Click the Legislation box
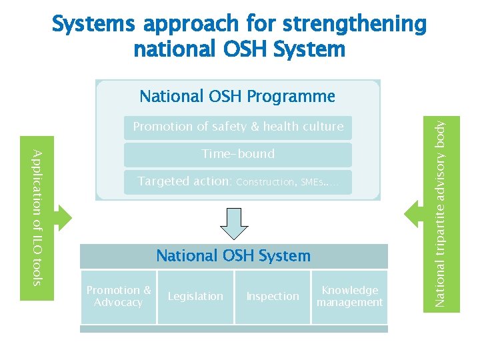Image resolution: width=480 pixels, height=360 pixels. [x=195, y=297]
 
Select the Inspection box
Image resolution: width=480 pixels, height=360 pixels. [x=273, y=297]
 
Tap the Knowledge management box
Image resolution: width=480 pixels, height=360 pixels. [x=349, y=297]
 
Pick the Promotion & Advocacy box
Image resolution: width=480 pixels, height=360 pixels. [x=119, y=297]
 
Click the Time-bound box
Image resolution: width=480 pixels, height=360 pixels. [x=238, y=154]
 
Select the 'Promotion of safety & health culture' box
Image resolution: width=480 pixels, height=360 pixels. [x=238, y=127]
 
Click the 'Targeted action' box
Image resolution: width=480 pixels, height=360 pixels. [x=238, y=182]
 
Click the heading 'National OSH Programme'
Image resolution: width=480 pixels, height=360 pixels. [x=237, y=97]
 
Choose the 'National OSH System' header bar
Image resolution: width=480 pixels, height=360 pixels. [x=233, y=256]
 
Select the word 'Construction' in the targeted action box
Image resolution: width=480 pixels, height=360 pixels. [x=265, y=183]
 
